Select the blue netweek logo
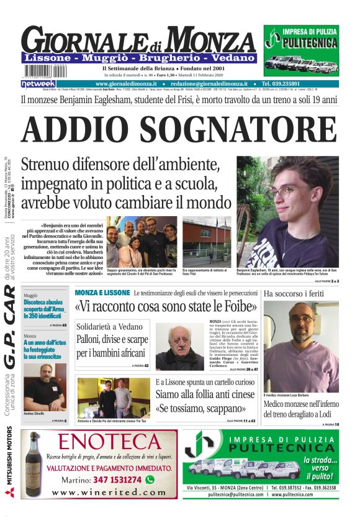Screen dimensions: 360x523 pos(38,83)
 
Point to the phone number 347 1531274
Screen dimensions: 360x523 pos(114,480)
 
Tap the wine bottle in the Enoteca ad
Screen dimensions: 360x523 pos(35,464)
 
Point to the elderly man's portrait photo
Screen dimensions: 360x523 pos(180,347)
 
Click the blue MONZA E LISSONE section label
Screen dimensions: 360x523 pos(102,292)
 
